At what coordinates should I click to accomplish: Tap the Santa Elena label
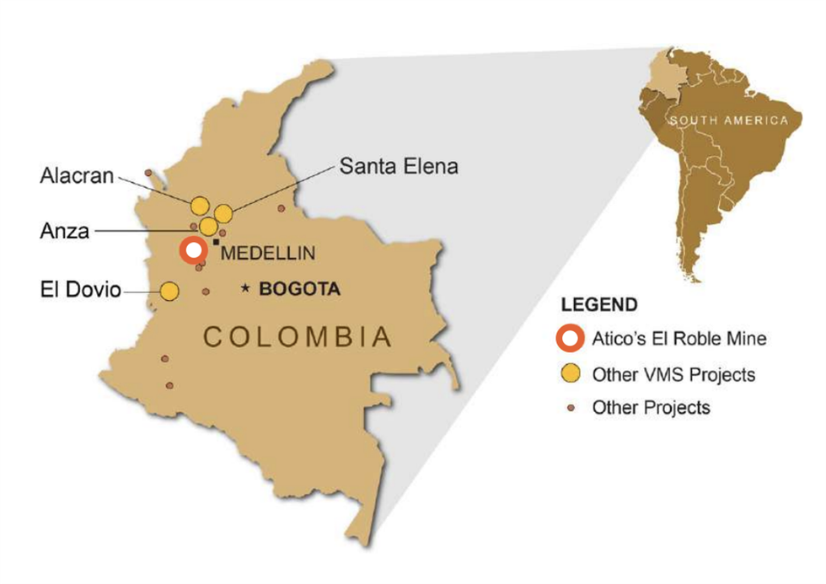coord(399,166)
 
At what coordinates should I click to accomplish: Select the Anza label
coord(64,230)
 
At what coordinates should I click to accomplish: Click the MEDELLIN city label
coord(267,252)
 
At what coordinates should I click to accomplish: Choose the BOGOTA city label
coord(299,289)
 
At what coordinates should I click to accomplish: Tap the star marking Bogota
coord(246,289)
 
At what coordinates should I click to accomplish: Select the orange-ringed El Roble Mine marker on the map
coord(194,250)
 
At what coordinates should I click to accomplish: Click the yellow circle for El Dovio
coord(169,291)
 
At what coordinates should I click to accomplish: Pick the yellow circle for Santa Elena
coord(223,213)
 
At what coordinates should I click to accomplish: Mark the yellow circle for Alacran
coord(200,205)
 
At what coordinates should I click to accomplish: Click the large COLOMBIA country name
coord(298,337)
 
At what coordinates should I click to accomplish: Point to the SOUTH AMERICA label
coord(729,121)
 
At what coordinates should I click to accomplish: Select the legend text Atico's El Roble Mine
coord(679,339)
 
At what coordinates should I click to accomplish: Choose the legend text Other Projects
coord(651,408)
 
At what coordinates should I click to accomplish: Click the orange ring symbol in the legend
coord(571,339)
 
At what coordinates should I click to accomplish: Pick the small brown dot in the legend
coord(571,408)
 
